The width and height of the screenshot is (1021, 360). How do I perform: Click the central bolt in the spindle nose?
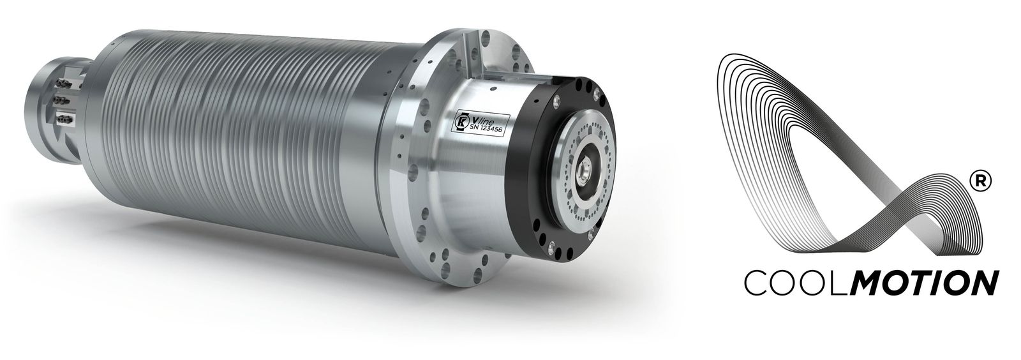tap(583, 173)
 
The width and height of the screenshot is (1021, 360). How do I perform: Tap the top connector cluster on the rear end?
tap(63, 84)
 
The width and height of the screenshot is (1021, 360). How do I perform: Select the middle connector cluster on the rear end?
tap(61, 100)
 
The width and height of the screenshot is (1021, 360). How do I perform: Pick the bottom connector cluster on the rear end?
tap(64, 119)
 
